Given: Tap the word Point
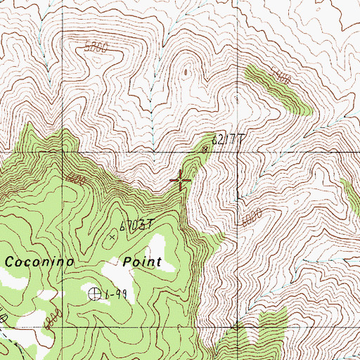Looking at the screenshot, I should tap(142, 262).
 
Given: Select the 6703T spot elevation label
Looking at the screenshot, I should tap(136, 226).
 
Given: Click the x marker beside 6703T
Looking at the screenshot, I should tap(112, 237).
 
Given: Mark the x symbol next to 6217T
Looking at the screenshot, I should tap(205, 150).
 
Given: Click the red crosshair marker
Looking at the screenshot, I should tap(181, 181).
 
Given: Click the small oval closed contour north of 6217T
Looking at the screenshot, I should tap(186, 71).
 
